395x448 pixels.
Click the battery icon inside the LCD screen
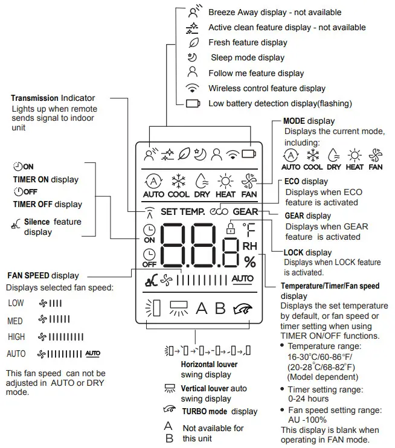point(249,154)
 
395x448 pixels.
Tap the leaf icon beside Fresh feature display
point(193,43)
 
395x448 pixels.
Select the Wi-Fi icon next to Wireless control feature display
point(193,88)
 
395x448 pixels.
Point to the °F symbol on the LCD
point(249,229)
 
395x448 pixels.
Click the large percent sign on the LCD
point(249,262)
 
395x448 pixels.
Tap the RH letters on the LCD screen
point(249,246)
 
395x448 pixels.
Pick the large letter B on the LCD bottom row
point(220,309)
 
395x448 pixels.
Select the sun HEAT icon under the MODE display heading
point(354,156)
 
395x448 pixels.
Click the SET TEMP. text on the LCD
point(183,212)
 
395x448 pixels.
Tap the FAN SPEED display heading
point(42,276)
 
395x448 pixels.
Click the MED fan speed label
point(15,321)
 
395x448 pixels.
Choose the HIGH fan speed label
point(16,337)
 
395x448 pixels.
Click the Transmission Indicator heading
point(53,98)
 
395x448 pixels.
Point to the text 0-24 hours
point(308,399)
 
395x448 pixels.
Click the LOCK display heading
point(307,252)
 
